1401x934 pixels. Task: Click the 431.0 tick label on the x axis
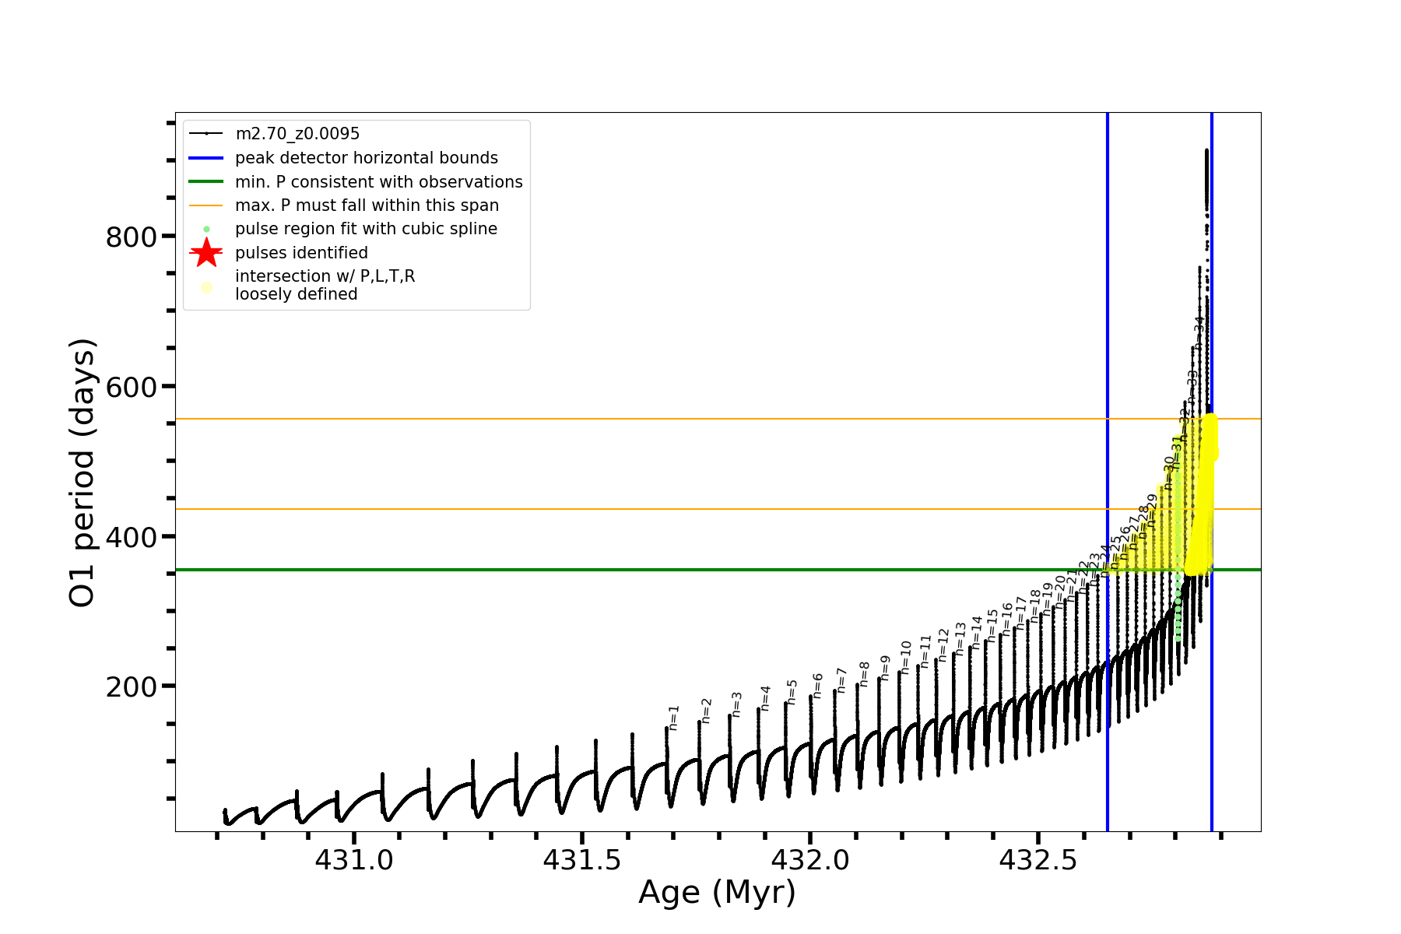(354, 860)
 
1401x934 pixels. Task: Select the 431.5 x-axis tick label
(582, 860)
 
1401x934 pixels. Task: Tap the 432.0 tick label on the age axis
(810, 860)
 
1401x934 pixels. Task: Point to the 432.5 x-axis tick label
(1038, 860)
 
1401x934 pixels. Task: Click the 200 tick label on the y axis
(132, 687)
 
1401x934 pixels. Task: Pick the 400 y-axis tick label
(132, 537)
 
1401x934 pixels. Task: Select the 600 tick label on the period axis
(132, 387)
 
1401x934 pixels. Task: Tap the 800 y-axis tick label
(132, 237)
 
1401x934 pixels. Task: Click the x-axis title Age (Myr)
(717, 893)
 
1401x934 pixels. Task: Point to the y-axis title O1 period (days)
(83, 472)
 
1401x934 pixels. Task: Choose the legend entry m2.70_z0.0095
(297, 134)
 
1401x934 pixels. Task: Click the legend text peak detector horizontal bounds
(367, 158)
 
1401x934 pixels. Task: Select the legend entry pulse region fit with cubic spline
(366, 229)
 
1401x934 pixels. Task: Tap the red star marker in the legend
(206, 252)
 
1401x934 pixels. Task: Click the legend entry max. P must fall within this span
(367, 205)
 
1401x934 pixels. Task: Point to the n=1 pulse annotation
(674, 718)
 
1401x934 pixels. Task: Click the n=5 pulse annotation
(792, 692)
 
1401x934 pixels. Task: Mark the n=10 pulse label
(905, 658)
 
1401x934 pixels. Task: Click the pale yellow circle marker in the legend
(206, 287)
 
